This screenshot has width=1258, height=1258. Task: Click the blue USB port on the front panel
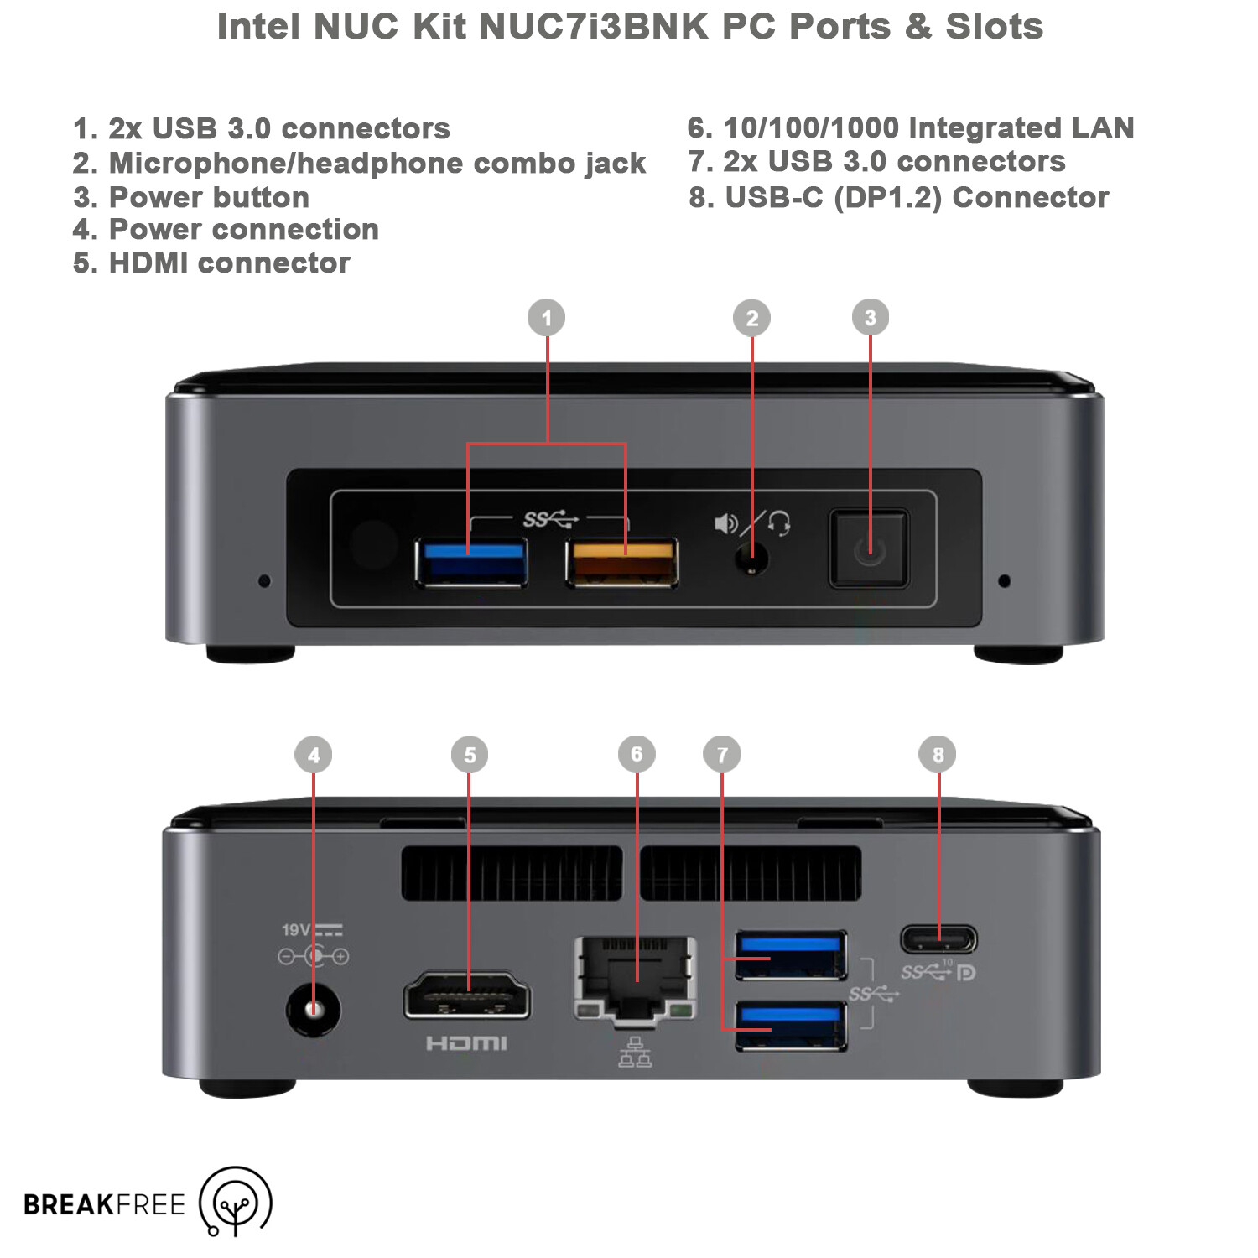coord(471,562)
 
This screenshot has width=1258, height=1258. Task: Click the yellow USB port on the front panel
coord(622,562)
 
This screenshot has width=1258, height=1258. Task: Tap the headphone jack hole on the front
coord(752,558)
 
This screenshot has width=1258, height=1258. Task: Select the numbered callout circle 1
coord(547,318)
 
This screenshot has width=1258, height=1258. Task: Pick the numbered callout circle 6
coord(637,754)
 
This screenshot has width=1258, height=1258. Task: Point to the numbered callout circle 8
coord(938,754)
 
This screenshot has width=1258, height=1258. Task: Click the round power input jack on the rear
coord(314,1010)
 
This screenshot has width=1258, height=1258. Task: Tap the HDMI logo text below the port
coord(466,1043)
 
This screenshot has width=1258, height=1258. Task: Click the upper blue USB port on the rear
coord(791,955)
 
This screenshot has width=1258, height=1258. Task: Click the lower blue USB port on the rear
coord(791,1026)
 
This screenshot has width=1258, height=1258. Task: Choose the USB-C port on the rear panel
coord(938,938)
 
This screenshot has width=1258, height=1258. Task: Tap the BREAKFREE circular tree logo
coord(236,1201)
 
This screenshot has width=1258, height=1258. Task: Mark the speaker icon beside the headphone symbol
coord(725,524)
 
